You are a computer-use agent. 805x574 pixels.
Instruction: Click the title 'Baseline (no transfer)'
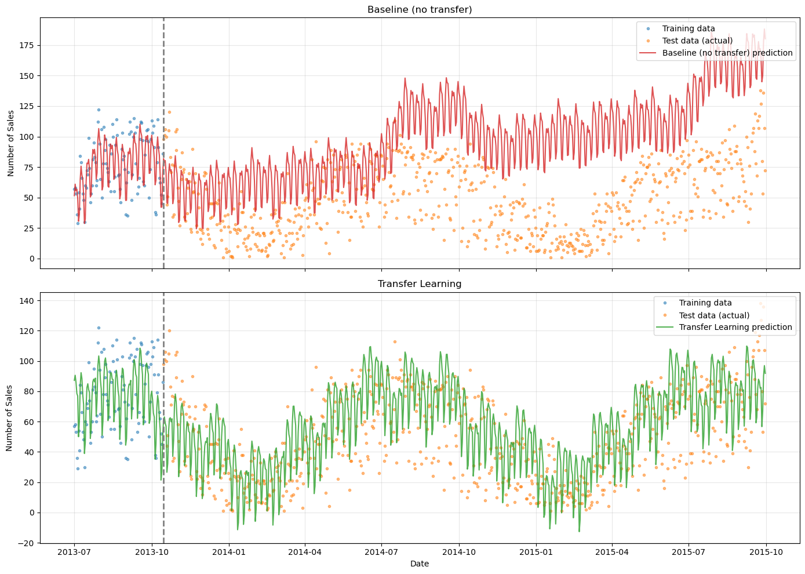[x=420, y=9]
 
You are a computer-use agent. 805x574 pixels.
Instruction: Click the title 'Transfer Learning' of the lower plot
[x=420, y=284]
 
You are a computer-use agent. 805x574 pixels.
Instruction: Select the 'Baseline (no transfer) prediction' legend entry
[x=727, y=53]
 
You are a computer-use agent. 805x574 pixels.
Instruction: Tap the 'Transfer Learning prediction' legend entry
[x=735, y=327]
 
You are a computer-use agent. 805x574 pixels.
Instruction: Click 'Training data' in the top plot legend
[x=689, y=28]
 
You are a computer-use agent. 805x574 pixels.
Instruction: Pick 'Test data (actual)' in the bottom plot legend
[x=714, y=315]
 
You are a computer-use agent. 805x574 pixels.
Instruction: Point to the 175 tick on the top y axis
[x=28, y=45]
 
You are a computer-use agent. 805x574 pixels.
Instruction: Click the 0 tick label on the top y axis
[x=32, y=259]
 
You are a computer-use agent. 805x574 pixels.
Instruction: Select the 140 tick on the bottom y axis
[x=28, y=300]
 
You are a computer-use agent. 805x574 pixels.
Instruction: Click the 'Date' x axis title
[x=420, y=564]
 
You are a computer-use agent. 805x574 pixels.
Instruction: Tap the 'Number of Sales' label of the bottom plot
[x=10, y=417]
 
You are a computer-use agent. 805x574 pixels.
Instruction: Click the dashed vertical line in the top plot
[x=163, y=174]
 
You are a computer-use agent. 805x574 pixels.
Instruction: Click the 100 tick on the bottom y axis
[x=28, y=361]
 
